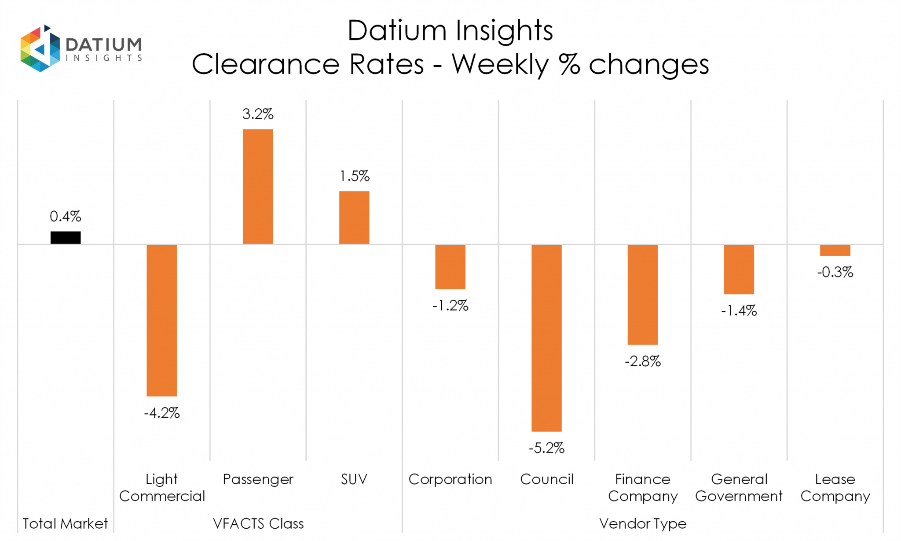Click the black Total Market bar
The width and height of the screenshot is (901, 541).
(x=66, y=238)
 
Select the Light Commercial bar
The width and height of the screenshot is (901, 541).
(x=162, y=320)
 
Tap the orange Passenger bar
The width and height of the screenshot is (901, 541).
(x=258, y=187)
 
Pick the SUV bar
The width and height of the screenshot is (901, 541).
(x=354, y=217)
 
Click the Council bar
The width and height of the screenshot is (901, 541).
(x=546, y=338)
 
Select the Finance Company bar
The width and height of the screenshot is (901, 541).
(x=642, y=294)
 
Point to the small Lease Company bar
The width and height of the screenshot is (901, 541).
(x=835, y=250)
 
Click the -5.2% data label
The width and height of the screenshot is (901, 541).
(x=546, y=448)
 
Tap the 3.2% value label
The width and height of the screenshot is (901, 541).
(x=258, y=114)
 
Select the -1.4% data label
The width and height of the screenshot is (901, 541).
(x=739, y=311)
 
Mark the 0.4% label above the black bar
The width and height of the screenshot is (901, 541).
(x=66, y=217)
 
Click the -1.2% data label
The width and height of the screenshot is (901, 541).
(x=450, y=305)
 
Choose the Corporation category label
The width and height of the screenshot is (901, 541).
(x=450, y=479)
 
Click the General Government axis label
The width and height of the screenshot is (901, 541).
(x=739, y=487)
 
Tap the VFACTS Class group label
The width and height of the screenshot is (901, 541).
(x=258, y=523)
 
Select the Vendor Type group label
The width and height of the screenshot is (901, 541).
(x=643, y=523)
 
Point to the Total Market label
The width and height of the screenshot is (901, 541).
(x=65, y=523)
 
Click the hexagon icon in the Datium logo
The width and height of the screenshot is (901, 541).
(x=40, y=48)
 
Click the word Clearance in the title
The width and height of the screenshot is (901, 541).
(x=265, y=65)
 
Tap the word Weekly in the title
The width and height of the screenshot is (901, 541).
(x=500, y=65)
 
